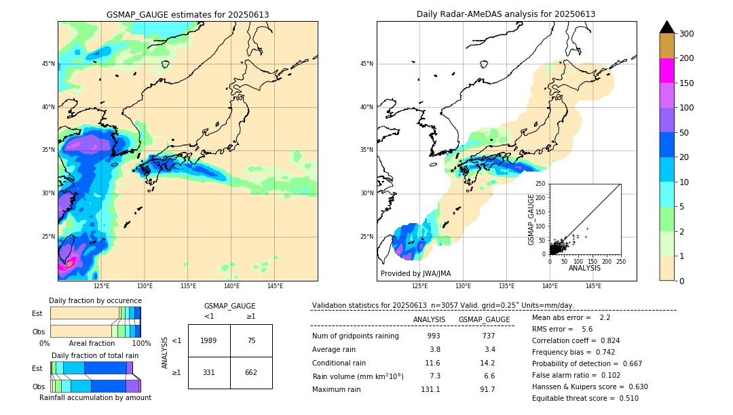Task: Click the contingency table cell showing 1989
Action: tap(209, 341)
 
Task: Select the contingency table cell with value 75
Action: tap(251, 341)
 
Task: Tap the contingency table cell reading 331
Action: tap(209, 372)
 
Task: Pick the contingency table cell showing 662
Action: tap(251, 372)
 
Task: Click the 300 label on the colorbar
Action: tap(688, 34)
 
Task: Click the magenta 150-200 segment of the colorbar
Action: tap(666, 71)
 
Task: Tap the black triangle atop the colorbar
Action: tap(666, 27)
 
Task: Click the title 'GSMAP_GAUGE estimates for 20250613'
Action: tap(187, 14)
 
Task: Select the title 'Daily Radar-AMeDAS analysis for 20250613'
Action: tap(506, 14)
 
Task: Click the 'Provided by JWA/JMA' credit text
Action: tap(415, 273)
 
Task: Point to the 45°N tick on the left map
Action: tap(48, 64)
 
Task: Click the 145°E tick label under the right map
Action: tap(593, 286)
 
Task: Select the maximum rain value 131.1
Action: tap(430, 389)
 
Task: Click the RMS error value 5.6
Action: tap(587, 329)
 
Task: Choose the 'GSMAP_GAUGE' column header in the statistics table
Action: tap(484, 319)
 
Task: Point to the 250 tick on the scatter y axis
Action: tap(541, 184)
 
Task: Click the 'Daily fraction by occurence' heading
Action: tap(95, 300)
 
